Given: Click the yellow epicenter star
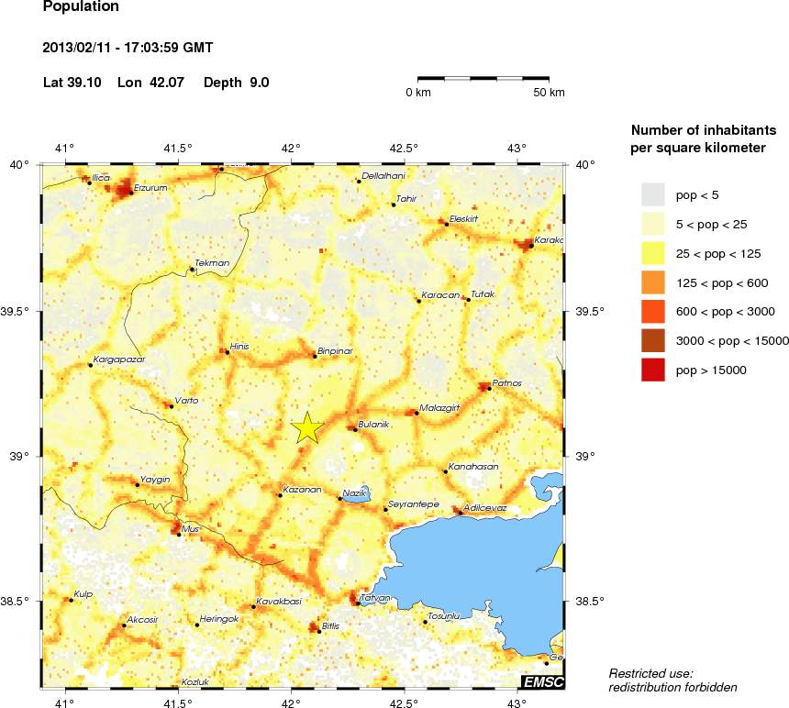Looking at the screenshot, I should pyautogui.click(x=307, y=427).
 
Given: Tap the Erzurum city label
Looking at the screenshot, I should pyautogui.click(x=150, y=187).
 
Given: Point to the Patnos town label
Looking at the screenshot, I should pyautogui.click(x=507, y=382).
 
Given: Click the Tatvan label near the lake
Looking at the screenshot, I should pyautogui.click(x=377, y=598).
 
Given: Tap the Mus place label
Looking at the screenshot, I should pyautogui.click(x=191, y=529).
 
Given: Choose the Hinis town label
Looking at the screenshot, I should pyautogui.click(x=239, y=346).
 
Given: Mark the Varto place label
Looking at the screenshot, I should pyautogui.click(x=186, y=400).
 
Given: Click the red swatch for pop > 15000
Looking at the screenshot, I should pyautogui.click(x=651, y=370).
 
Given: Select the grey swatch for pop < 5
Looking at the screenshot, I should pyautogui.click(x=651, y=194).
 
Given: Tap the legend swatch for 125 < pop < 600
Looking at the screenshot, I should pyautogui.click(x=651, y=282).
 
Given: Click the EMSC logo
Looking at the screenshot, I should pyautogui.click(x=542, y=681).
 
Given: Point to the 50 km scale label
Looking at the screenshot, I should pyautogui.click(x=550, y=93).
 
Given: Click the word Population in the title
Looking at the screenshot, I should pyautogui.click(x=81, y=6).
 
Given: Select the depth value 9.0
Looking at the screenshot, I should pyautogui.click(x=260, y=83).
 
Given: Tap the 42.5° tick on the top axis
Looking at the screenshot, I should pyautogui.click(x=404, y=148).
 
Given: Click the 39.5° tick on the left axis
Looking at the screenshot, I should pyautogui.click(x=19, y=311).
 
